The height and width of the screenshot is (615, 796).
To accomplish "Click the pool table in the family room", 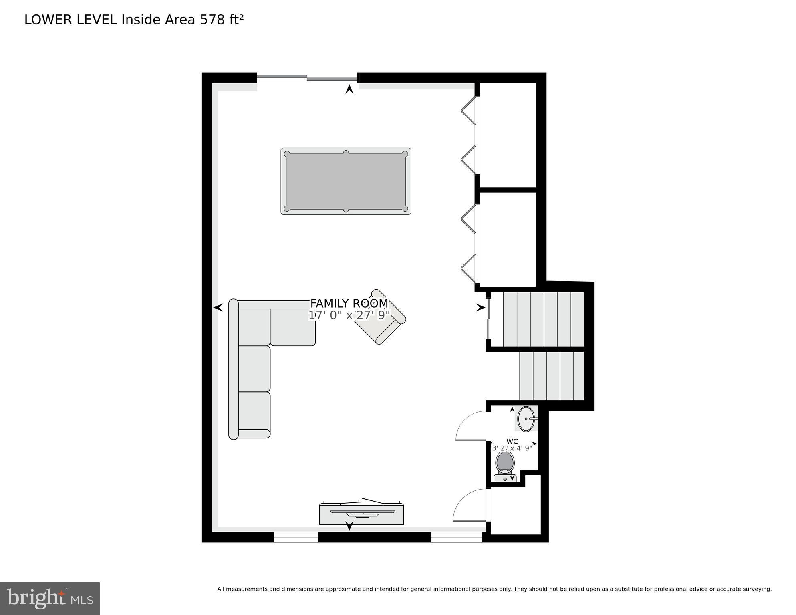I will click(346, 181).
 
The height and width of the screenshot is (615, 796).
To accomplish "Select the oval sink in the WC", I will click(526, 419).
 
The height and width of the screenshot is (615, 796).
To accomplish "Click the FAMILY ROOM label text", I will click(349, 303).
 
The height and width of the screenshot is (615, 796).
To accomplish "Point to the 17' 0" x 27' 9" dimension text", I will click(349, 315).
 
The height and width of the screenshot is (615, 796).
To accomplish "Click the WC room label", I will click(512, 441).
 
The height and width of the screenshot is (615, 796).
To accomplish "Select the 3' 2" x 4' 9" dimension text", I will click(512, 448).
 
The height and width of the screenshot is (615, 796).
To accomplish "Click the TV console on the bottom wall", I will click(361, 514).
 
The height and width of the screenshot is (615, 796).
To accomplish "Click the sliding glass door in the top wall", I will click(307, 78).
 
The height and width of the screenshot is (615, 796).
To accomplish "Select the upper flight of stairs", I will click(543, 319).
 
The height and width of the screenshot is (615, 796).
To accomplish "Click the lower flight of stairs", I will click(552, 376).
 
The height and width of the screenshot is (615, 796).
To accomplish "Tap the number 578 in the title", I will click(212, 20).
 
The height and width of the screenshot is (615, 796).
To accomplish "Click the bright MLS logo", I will click(50, 598).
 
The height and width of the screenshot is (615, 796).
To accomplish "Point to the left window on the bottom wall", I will click(296, 537).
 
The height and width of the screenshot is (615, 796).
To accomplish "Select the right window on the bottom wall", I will click(456, 537).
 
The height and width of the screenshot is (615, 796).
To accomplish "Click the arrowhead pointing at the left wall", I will click(218, 308).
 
